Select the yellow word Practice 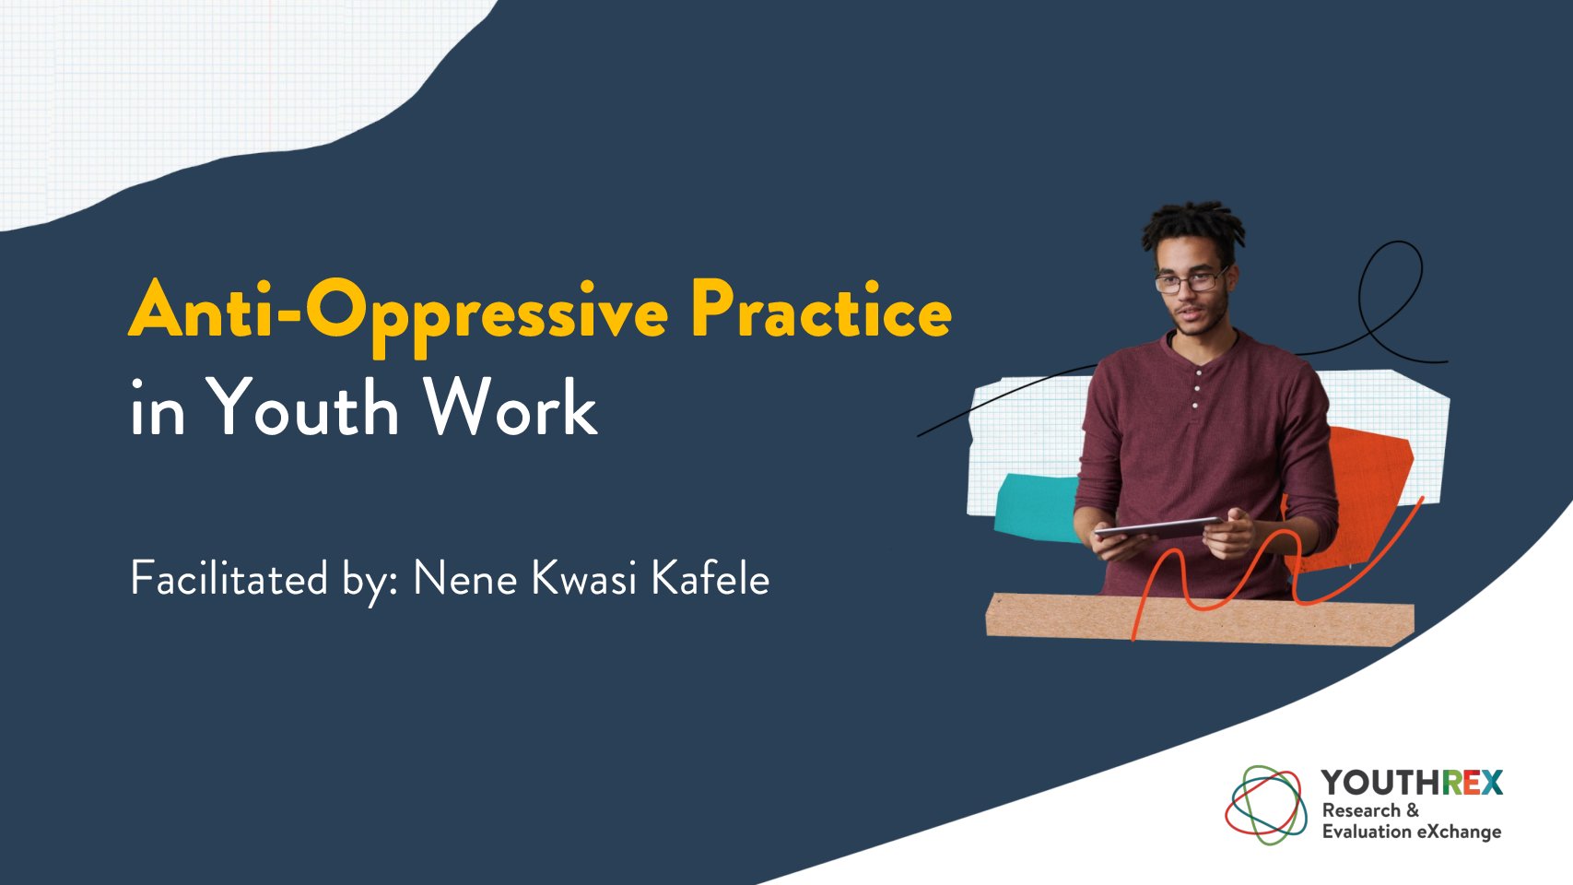click(822, 309)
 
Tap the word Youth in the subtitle click(302, 407)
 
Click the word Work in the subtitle click(511, 407)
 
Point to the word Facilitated click(229, 579)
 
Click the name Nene click(464, 579)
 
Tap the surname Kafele click(710, 579)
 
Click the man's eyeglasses click(1191, 282)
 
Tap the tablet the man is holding click(1158, 528)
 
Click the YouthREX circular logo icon click(1266, 805)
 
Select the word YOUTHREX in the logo click(1412, 782)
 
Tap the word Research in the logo click(1362, 810)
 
